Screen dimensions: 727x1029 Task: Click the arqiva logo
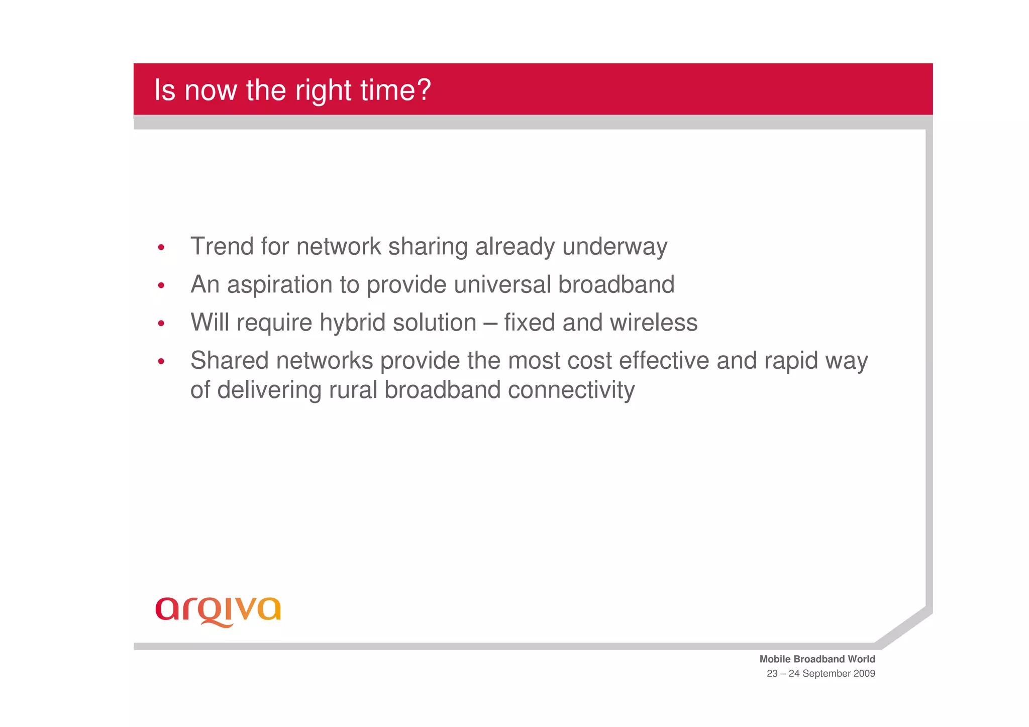pyautogui.click(x=218, y=610)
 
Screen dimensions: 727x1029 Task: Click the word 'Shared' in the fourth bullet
pyautogui.click(x=229, y=361)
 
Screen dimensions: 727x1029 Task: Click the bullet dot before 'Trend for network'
pyautogui.click(x=161, y=247)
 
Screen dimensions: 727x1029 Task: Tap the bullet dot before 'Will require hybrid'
pyautogui.click(x=161, y=324)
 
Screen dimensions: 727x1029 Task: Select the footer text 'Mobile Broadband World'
pyautogui.click(x=817, y=659)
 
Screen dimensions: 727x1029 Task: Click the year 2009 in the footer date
pyautogui.click(x=864, y=674)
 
